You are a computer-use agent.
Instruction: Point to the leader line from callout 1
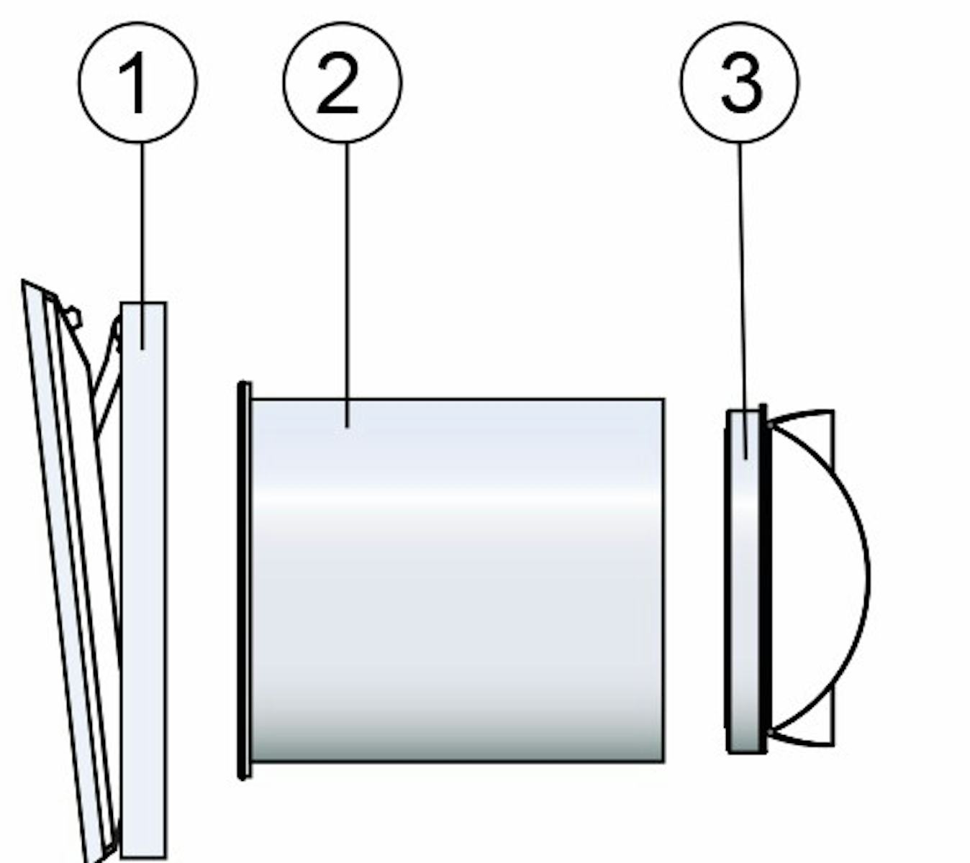pos(142,246)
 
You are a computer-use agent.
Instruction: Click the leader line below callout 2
pos(347,285)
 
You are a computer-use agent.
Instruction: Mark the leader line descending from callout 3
pos(743,301)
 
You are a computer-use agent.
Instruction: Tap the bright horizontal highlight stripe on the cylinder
pos(457,498)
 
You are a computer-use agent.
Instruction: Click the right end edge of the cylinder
pos(663,580)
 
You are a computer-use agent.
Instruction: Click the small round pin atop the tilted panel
pos(74,318)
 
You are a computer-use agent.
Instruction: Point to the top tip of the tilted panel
pos(22,280)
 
